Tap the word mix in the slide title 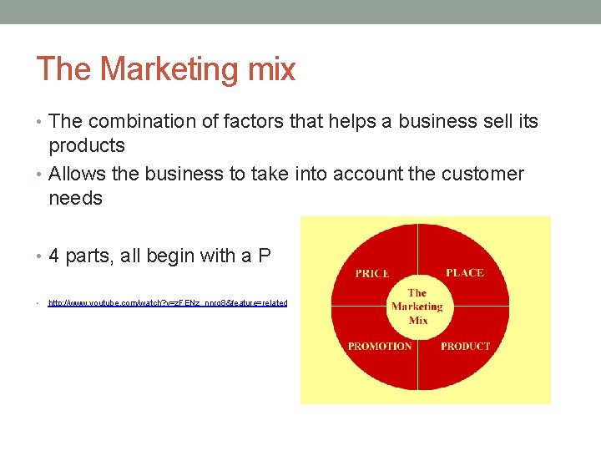(272, 69)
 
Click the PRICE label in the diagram (371, 273)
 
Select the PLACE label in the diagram (464, 272)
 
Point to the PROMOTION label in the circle (380, 346)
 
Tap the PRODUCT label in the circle (465, 346)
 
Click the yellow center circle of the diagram (417, 307)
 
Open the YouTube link (167, 303)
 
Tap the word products (87, 146)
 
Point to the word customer (486, 175)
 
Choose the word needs (75, 199)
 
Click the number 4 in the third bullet (54, 256)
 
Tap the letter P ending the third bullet (264, 256)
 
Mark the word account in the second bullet (368, 175)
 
